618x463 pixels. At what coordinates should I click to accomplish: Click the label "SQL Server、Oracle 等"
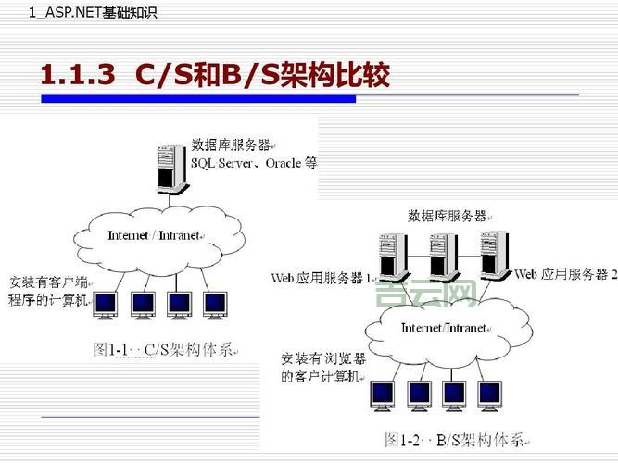(254, 162)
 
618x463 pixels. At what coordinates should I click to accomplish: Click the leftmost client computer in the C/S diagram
(107, 303)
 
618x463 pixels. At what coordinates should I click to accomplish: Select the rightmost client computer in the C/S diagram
(215, 303)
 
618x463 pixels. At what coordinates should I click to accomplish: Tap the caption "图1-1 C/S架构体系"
(166, 350)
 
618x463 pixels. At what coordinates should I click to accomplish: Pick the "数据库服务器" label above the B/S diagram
(448, 216)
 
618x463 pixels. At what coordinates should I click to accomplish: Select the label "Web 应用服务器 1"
(321, 277)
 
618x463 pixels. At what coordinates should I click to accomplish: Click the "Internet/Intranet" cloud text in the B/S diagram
(444, 328)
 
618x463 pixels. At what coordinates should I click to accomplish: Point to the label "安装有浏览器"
(322, 357)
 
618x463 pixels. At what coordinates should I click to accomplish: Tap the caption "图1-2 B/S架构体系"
(455, 439)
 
